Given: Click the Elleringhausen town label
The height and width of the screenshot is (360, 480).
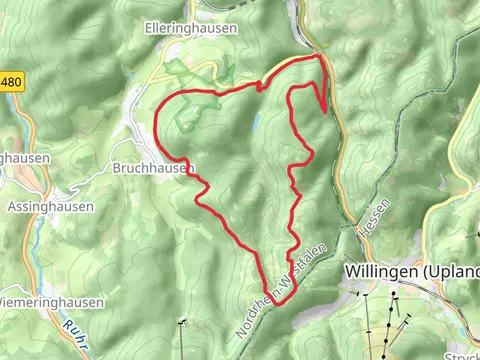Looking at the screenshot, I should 191,29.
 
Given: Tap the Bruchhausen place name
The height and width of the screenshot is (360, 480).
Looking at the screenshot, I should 152,168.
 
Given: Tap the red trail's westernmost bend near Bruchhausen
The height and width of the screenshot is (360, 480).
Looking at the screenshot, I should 159,122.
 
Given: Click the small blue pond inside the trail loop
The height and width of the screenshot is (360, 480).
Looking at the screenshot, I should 257,120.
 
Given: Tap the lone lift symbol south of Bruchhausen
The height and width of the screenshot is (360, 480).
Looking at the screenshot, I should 182,323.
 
